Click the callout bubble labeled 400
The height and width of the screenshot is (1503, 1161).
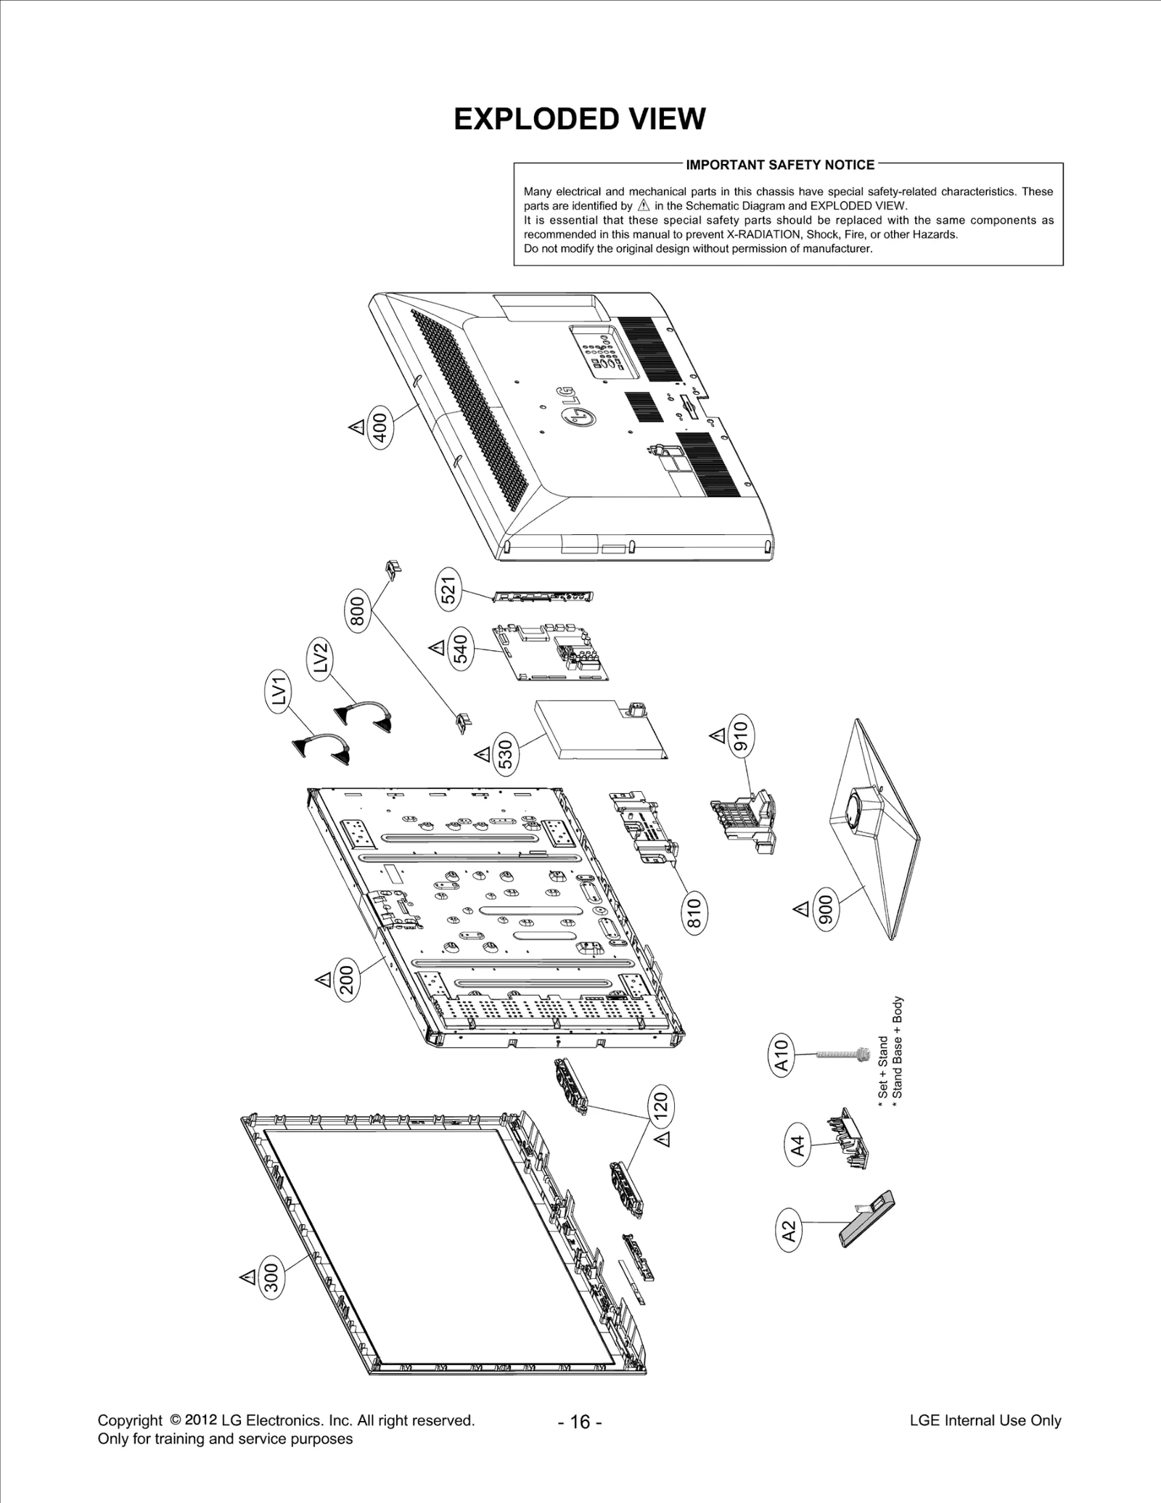(x=380, y=427)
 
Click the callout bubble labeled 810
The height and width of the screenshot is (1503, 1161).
(x=694, y=914)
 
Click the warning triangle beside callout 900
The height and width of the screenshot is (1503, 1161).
(x=801, y=909)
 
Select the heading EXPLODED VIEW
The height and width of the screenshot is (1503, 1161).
(x=579, y=119)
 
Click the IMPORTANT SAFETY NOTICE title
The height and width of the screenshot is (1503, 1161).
(x=780, y=165)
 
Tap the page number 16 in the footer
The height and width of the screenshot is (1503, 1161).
(x=580, y=1421)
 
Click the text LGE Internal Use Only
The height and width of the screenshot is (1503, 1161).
(x=985, y=1420)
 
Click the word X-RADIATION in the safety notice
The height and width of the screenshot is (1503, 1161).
(x=763, y=234)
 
